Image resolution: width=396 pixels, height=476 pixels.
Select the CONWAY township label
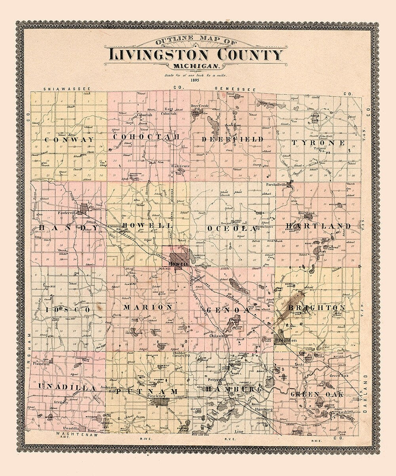click(x=69, y=140)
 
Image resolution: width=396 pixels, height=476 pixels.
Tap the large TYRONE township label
click(x=318, y=142)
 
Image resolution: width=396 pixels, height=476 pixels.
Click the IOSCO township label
click(x=64, y=309)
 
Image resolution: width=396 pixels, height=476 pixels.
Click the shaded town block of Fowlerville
click(x=84, y=209)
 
